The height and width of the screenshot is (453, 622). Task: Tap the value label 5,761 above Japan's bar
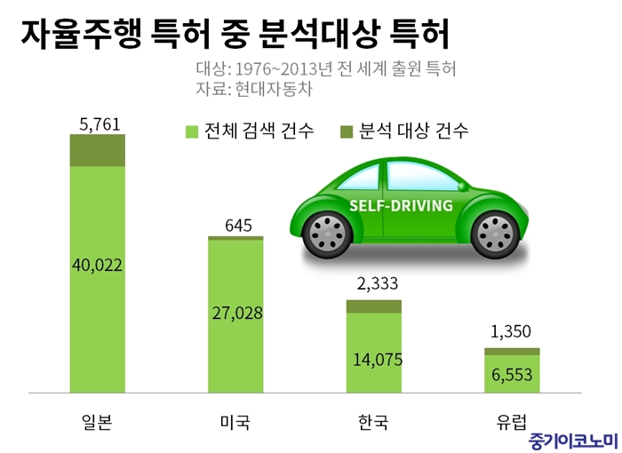[99, 125]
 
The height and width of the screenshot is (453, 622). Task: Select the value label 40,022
[98, 264]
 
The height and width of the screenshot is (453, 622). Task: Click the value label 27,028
[238, 314]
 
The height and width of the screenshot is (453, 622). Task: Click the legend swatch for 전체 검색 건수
[191, 132]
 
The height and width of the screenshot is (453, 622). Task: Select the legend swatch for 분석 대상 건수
[347, 132]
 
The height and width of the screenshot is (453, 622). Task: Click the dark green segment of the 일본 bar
[98, 150]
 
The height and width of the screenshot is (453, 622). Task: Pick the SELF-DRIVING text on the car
[401, 205]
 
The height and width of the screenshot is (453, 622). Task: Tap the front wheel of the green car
[326, 233]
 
